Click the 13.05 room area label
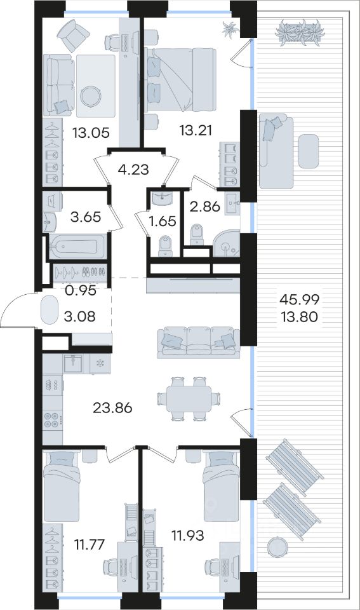tap(91, 133)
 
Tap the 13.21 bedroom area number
tap(196, 130)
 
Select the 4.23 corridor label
tap(133, 170)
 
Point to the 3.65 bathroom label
tap(86, 217)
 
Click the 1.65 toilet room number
tap(163, 221)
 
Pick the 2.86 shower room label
tap(205, 206)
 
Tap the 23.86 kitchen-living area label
tap(113, 408)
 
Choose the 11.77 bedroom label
tap(90, 544)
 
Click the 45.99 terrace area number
tap(300, 299)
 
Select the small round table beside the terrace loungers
tap(277, 545)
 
